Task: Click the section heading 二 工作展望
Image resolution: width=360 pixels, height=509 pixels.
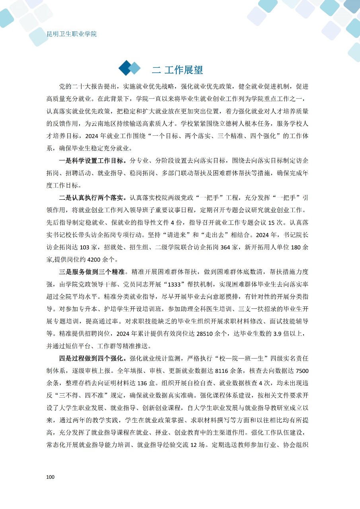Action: (x=177, y=70)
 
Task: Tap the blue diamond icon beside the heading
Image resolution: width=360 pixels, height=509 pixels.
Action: (x=130, y=68)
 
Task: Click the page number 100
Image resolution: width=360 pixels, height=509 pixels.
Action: (x=51, y=477)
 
